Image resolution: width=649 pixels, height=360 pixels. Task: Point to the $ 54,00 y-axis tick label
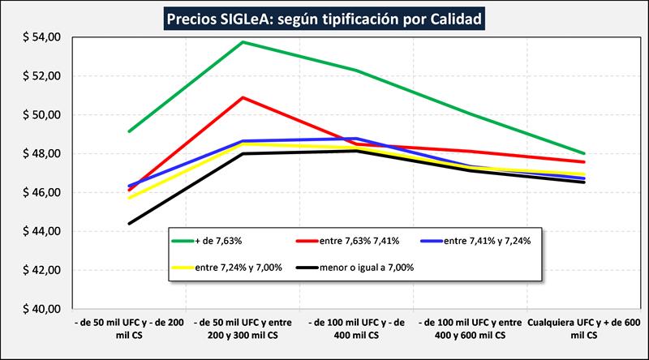coord(41,37)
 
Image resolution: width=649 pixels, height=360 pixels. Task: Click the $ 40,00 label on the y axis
coord(41,309)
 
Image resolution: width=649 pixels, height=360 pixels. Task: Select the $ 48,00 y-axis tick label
coord(41,153)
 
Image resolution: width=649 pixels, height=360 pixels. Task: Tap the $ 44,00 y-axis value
coord(41,231)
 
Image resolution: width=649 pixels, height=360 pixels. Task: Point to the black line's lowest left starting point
coord(129,223)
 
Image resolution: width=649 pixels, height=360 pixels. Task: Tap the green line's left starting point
coord(129,131)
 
